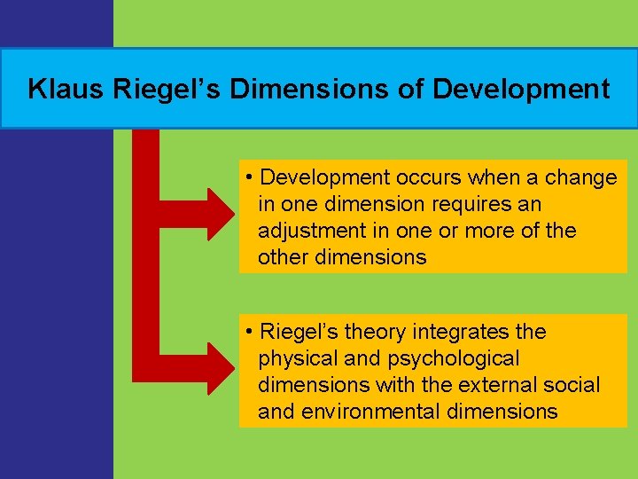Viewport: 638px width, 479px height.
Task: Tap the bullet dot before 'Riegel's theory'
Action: [252, 333]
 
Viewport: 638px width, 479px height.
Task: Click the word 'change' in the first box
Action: [581, 177]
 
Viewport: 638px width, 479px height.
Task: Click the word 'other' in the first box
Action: [283, 257]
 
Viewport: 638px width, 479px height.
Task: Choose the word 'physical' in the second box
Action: [295, 358]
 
